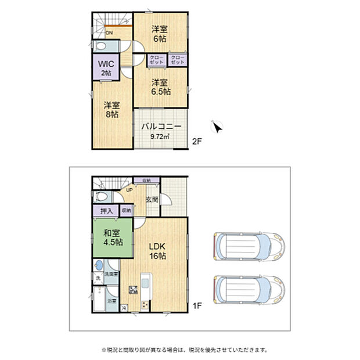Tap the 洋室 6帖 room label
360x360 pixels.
click(x=160, y=34)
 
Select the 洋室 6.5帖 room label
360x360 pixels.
click(x=160, y=87)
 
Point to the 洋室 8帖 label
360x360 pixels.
click(x=111, y=110)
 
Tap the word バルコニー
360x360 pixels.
click(x=161, y=126)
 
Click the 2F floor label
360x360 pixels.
click(x=197, y=141)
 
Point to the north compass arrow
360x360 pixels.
click(x=218, y=127)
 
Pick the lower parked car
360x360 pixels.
click(x=249, y=288)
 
